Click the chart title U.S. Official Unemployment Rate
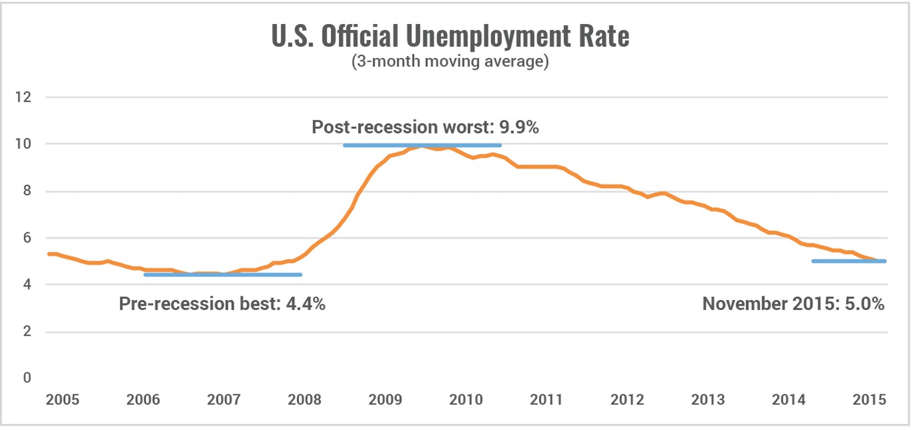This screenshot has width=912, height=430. pyautogui.click(x=450, y=37)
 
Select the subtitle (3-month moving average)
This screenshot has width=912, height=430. pyautogui.click(x=450, y=62)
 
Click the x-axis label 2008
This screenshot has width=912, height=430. pyautogui.click(x=304, y=399)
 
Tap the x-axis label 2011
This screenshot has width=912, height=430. pyautogui.click(x=546, y=399)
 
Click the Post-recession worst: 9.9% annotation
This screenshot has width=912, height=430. pyautogui.click(x=426, y=128)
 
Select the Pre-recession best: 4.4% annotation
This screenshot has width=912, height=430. pyautogui.click(x=222, y=304)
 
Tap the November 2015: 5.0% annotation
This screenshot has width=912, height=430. pyautogui.click(x=793, y=304)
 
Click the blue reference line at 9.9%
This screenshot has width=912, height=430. pyautogui.click(x=423, y=145)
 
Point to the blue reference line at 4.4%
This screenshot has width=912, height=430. pyautogui.click(x=222, y=275)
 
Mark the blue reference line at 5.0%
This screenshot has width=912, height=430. pyautogui.click(x=849, y=261)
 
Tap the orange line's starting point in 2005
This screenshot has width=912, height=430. pyautogui.click(x=49, y=254)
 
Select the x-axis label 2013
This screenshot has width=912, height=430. pyautogui.click(x=707, y=399)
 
